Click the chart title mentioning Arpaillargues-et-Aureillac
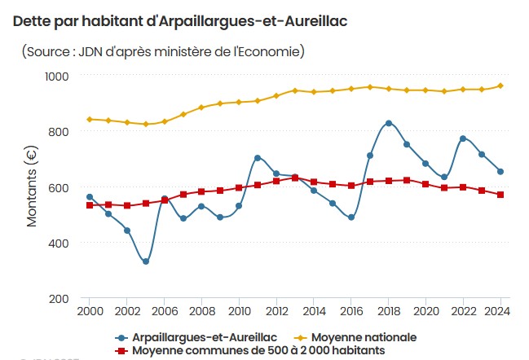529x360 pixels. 180,21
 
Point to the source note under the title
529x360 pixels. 163,51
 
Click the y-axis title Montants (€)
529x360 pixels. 32,187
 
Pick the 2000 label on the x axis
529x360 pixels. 90,312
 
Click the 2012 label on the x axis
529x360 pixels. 276,312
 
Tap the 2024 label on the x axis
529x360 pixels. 500,312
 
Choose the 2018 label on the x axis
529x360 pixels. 388,312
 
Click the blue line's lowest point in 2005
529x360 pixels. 146,261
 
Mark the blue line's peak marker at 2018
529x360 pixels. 389,123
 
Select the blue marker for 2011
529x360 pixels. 258,158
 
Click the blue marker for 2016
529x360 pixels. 351,217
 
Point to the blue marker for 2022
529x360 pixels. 463,138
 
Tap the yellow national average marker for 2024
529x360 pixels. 500,86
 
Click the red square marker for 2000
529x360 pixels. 90,205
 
